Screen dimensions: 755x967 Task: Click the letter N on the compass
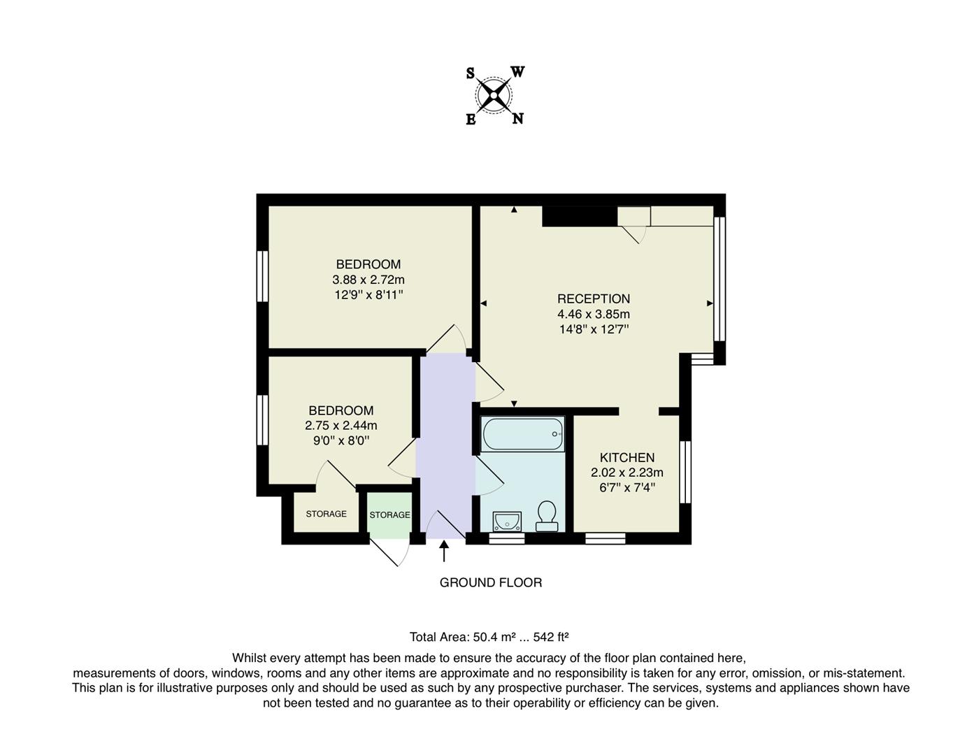517,118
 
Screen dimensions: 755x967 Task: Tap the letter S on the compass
471,73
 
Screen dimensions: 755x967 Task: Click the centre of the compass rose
494,95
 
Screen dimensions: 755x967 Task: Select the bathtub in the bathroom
522,434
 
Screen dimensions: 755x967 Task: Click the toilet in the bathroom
546,516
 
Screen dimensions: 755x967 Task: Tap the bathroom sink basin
506,521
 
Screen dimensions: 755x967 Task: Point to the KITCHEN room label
627,458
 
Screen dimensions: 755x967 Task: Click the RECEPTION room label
594,299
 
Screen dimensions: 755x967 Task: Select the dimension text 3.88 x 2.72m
368,280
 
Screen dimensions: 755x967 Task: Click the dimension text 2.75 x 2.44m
341,426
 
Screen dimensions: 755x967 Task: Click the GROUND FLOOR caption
490,582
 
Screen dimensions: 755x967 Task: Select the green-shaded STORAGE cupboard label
389,515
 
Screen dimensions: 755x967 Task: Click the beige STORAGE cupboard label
326,514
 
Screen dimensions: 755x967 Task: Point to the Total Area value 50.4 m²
494,637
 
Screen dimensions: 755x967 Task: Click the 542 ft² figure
551,637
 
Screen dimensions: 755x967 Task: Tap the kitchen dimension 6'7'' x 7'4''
627,488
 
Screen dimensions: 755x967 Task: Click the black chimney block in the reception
580,216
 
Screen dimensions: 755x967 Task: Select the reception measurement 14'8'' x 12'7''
594,329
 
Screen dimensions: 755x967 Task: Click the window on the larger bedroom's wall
263,276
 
